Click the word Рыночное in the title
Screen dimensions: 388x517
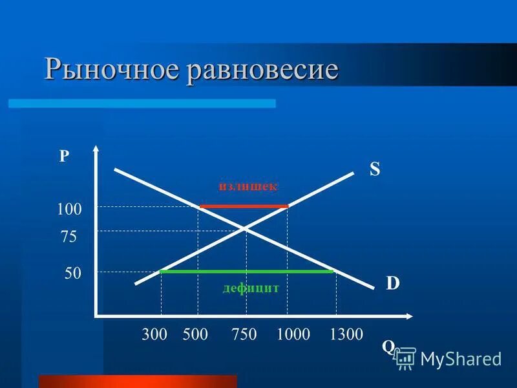pyautogui.click(x=113, y=70)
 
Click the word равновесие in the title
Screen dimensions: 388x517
pyautogui.click(x=263, y=70)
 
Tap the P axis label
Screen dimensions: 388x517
pyautogui.click(x=64, y=157)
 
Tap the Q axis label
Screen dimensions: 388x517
pyautogui.click(x=388, y=347)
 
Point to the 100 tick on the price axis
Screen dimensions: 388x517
pyautogui.click(x=69, y=210)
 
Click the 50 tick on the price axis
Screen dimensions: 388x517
pyautogui.click(x=72, y=274)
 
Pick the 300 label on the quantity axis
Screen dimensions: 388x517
pyautogui.click(x=154, y=334)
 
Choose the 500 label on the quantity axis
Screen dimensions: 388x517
pyautogui.click(x=196, y=334)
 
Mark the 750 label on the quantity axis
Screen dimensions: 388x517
pyautogui.click(x=244, y=334)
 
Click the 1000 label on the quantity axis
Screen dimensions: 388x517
pyautogui.click(x=293, y=334)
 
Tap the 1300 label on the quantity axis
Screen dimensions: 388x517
pyautogui.click(x=346, y=334)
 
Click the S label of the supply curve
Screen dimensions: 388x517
pyautogui.click(x=375, y=169)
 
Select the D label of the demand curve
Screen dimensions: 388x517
pyautogui.click(x=393, y=283)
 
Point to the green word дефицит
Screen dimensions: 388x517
pyautogui.click(x=249, y=288)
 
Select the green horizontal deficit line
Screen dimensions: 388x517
pyautogui.click(x=246, y=272)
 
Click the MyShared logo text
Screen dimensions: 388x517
pyautogui.click(x=460, y=358)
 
